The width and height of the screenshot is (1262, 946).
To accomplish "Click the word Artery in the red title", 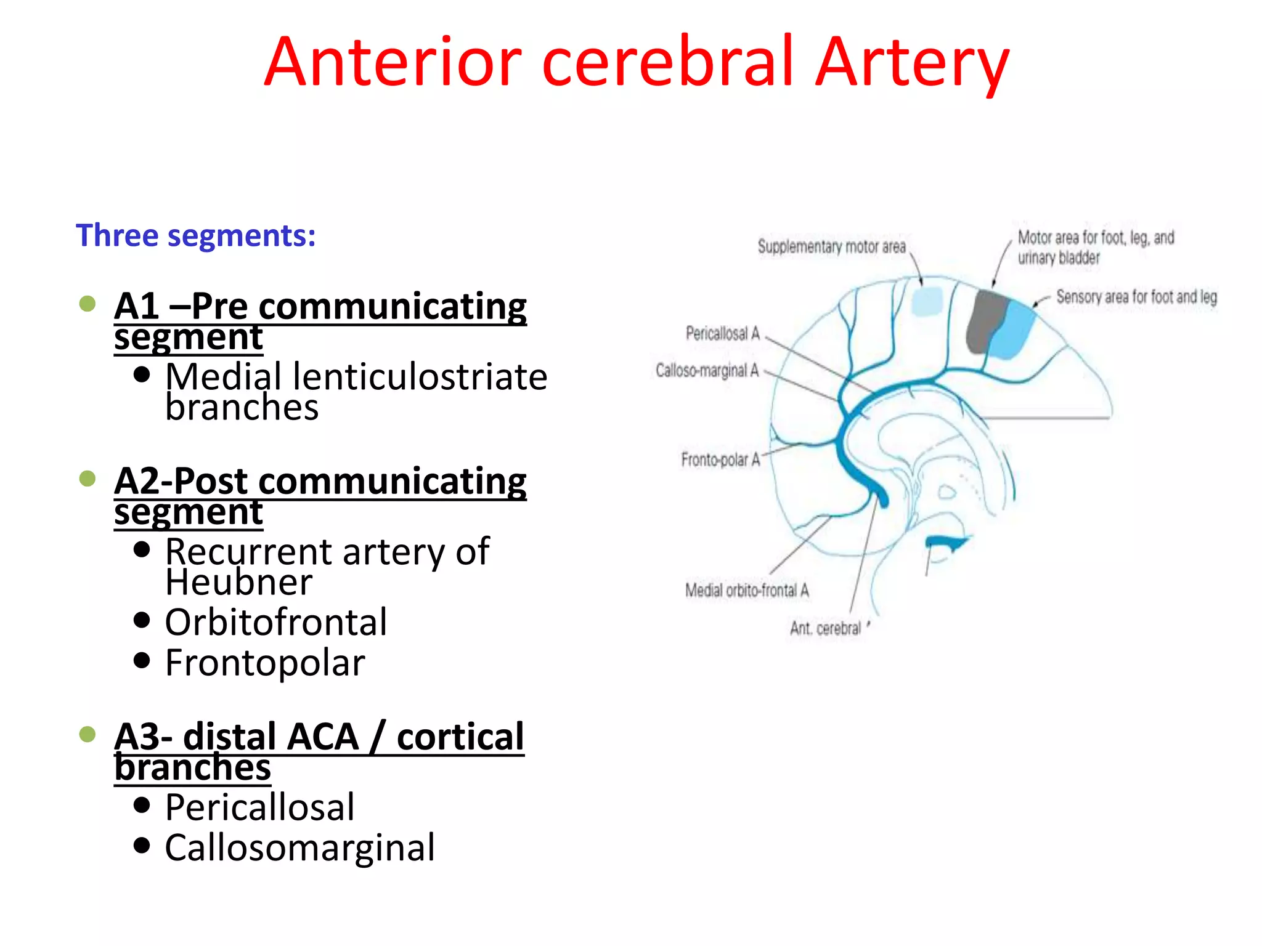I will pos(912,63).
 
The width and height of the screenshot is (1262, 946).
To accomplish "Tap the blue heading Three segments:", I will pos(195,235).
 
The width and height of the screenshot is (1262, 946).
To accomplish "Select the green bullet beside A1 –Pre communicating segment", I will pos(88,304).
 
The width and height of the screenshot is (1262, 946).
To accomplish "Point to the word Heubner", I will pos(239,582).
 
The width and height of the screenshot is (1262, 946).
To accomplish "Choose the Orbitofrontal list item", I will pos(276,622).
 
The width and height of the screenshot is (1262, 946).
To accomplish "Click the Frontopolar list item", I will pos(265,663).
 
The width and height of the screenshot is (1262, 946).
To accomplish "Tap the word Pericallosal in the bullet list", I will pos(260,807).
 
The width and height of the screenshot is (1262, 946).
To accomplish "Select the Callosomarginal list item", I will pos(299,848).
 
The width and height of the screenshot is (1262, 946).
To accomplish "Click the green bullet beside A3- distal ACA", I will pos(88,734).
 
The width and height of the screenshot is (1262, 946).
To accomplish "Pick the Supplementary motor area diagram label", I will pos(831,247).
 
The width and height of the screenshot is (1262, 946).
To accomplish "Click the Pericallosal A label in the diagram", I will pos(723,334).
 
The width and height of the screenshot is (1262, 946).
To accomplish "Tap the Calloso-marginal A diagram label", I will pos(707,371).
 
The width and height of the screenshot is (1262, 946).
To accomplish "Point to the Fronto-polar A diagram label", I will pos(720,460).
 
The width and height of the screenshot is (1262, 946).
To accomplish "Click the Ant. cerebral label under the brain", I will pos(825,628).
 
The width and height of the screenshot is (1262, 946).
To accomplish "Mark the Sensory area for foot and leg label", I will pos(1136,297).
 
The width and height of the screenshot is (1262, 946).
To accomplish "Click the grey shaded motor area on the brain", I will pos(985,320).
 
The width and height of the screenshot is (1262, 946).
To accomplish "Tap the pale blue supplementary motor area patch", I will pos(927,302).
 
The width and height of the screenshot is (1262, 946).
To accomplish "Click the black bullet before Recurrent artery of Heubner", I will pos(142,549).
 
